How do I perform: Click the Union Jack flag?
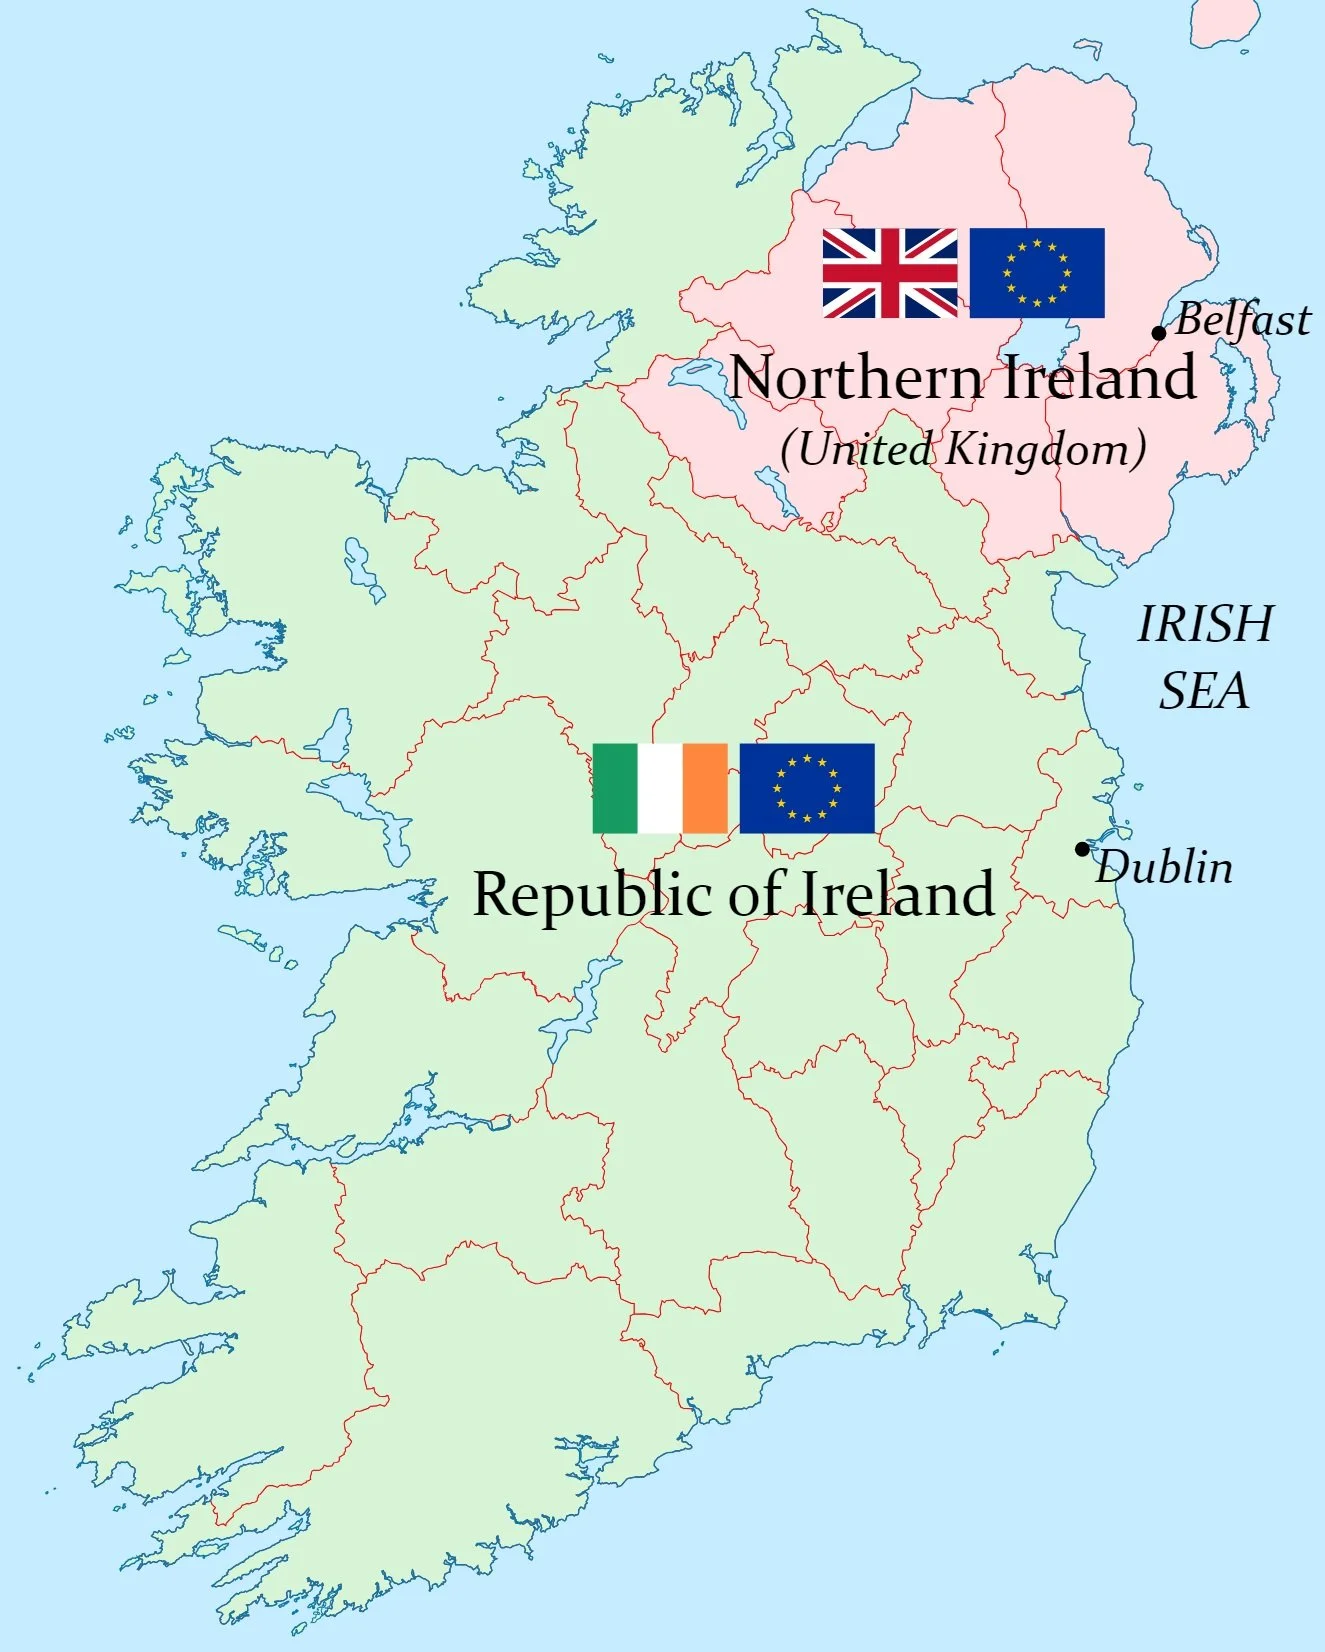tap(889, 273)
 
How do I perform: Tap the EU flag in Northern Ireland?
tap(1037, 273)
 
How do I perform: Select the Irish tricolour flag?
tap(660, 788)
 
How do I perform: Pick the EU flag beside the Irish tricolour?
tap(807, 788)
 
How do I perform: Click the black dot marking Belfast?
tap(1159, 333)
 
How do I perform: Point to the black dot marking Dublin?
tap(1082, 849)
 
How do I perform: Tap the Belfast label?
tap(1242, 320)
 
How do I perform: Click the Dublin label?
tap(1165, 867)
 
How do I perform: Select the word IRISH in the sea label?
tap(1205, 624)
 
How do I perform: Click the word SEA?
tap(1204, 691)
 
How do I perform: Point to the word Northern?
tap(856, 378)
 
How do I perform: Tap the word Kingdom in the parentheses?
tap(1040, 449)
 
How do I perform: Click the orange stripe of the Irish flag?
tap(705, 788)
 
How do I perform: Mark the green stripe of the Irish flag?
tap(615, 788)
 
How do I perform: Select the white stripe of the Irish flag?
tap(660, 788)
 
